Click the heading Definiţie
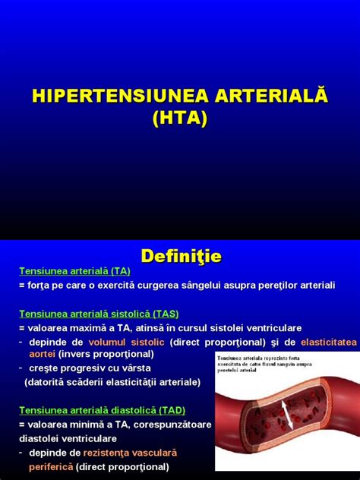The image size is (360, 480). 179,257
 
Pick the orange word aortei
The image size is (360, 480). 43,354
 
